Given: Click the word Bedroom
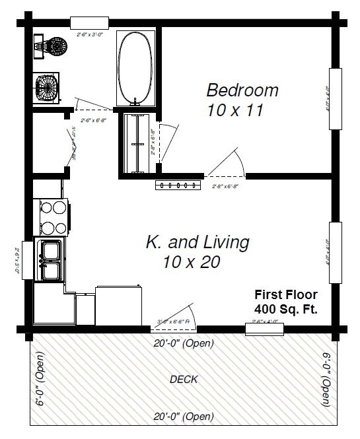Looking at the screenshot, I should (x=242, y=90).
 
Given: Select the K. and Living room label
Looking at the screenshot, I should (x=198, y=242).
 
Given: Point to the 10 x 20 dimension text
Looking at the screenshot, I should (x=191, y=262).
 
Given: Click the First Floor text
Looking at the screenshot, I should (x=286, y=295).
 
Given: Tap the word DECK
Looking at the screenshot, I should (x=184, y=380).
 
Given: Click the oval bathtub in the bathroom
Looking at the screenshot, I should (x=135, y=66).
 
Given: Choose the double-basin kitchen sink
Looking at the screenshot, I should (x=50, y=260).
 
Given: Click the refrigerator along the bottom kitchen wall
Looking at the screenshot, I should (x=120, y=305).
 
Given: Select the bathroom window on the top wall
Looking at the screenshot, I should (x=90, y=24).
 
